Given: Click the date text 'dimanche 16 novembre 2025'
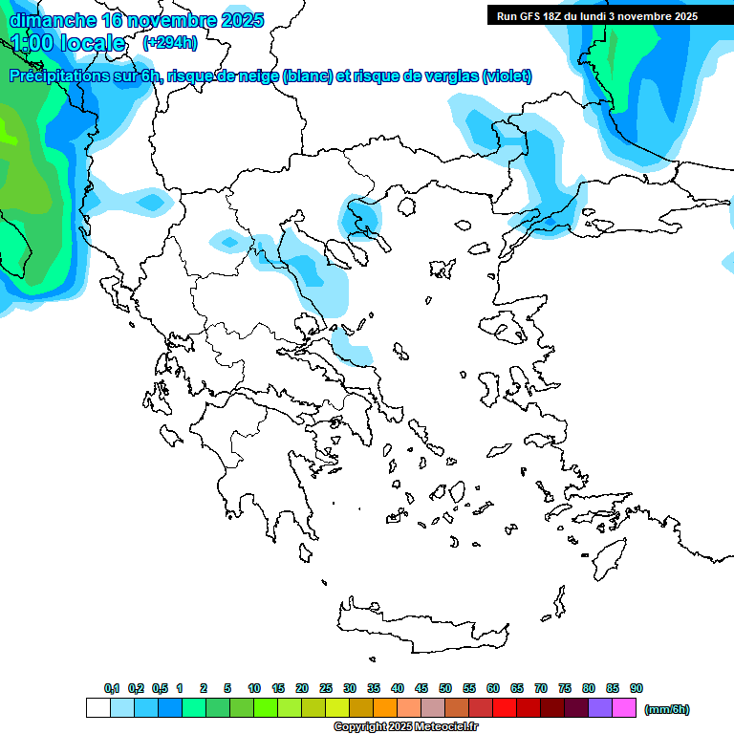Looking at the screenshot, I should [x=137, y=20].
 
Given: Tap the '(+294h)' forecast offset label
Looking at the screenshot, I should [x=170, y=42].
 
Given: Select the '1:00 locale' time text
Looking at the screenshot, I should [x=68, y=43].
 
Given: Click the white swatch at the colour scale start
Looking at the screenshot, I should [x=98, y=708].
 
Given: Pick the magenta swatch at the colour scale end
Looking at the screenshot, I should [x=625, y=708].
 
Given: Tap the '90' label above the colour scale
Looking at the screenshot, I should [x=637, y=688].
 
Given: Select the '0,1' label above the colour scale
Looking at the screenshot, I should [x=112, y=688].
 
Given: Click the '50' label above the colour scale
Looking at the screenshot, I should [x=445, y=688].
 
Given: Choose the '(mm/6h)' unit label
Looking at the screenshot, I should [x=666, y=709].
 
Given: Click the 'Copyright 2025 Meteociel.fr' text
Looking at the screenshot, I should [x=405, y=726].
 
